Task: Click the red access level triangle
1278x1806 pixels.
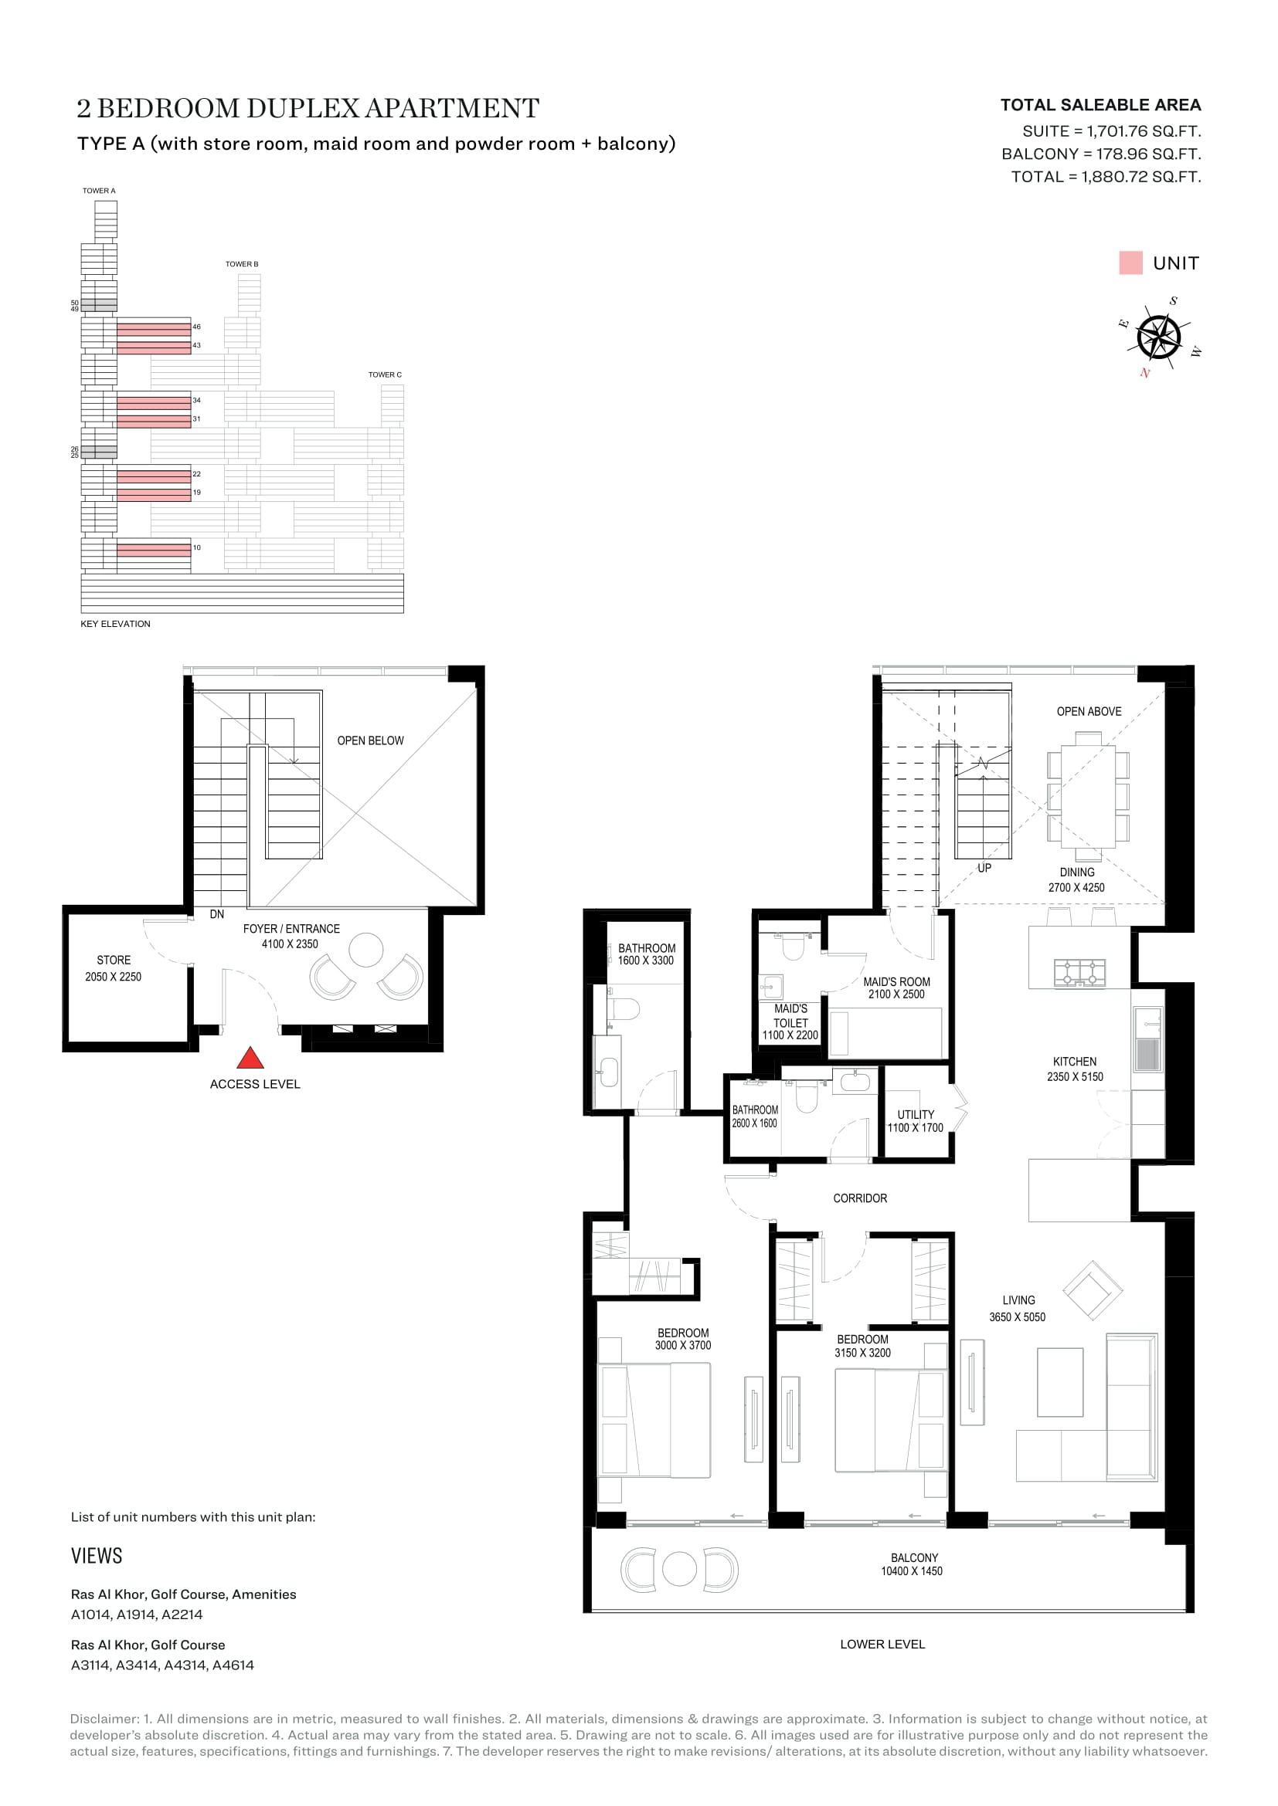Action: click(250, 1059)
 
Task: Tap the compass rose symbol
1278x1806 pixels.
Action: click(1159, 337)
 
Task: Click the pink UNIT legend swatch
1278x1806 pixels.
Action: click(1131, 263)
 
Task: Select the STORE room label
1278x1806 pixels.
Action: click(114, 961)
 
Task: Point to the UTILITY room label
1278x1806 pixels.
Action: click(916, 1115)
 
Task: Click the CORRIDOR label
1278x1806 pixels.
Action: click(860, 1198)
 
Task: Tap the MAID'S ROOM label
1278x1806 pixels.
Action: click(896, 981)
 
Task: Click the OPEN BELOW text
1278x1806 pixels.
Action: click(370, 741)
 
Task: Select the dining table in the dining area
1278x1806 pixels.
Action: click(1089, 797)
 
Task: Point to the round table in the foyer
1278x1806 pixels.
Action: click(366, 950)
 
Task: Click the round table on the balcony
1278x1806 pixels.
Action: click(679, 1569)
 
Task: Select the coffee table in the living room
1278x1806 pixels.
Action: click(1060, 1382)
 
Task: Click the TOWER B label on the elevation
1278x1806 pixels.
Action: click(242, 264)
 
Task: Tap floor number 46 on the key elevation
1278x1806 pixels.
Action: click(197, 327)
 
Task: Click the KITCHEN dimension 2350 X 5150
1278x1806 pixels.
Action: click(1075, 1077)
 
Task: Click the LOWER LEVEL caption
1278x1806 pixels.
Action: click(882, 1644)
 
